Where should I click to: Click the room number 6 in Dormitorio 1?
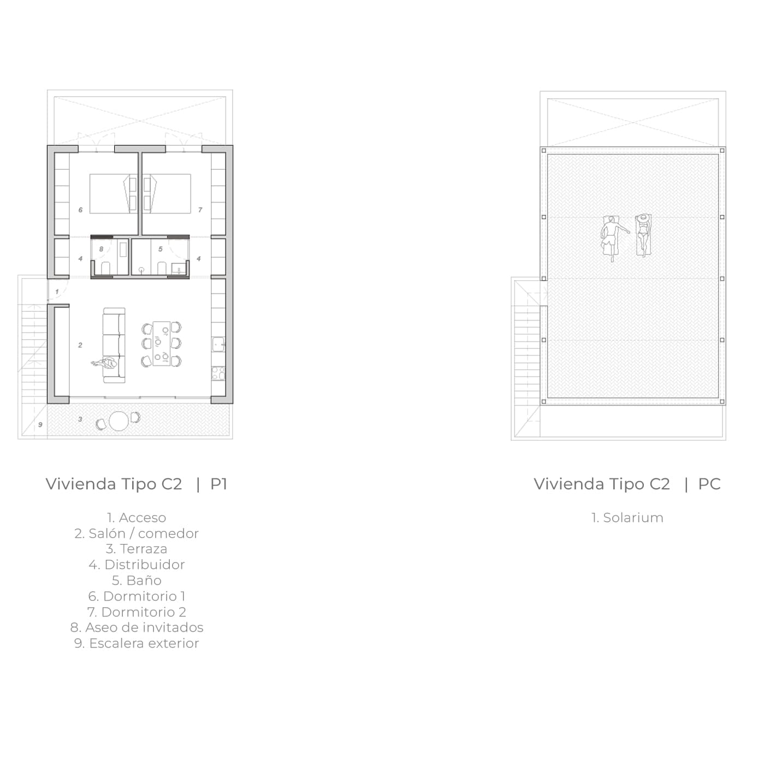coord(80,210)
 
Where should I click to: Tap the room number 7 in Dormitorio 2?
coord(200,210)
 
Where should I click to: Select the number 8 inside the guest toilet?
coord(101,249)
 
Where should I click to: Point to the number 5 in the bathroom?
coord(160,249)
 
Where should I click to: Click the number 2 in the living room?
coord(80,345)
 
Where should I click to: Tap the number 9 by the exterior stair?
coord(40,425)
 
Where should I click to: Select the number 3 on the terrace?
coord(80,419)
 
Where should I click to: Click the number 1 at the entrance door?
coord(57,292)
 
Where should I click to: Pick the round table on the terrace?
coord(119,421)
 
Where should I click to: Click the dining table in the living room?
coord(162,343)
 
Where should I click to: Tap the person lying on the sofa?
coord(104,363)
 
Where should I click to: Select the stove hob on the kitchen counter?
coord(218,373)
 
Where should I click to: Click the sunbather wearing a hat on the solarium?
coord(643,235)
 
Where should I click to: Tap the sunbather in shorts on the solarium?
coord(613,238)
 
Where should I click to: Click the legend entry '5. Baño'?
coord(137,581)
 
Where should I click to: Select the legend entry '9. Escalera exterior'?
coord(137,643)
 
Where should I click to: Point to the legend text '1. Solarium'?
coord(627,518)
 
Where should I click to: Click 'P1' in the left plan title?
coord(218,484)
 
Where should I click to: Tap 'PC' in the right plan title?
coord(709,484)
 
